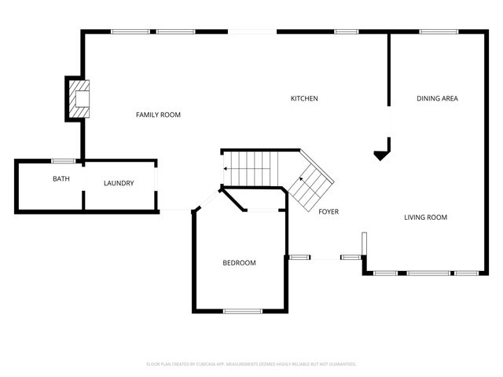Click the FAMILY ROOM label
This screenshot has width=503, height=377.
point(158,115)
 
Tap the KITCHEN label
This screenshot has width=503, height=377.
point(304,98)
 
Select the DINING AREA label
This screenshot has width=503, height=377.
point(437,98)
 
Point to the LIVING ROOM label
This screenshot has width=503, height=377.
point(425,218)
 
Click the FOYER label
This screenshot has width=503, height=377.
point(329,211)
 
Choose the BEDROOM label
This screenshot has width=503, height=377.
point(240,263)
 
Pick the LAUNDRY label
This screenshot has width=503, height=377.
point(119,184)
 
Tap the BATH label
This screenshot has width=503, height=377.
point(61,179)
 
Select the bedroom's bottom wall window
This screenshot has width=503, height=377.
point(242,312)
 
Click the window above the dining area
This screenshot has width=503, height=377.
point(434,31)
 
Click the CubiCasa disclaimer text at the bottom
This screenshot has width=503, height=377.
point(251,364)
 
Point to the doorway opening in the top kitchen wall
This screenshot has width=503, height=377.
point(252,31)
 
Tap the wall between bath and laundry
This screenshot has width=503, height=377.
point(83,187)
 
